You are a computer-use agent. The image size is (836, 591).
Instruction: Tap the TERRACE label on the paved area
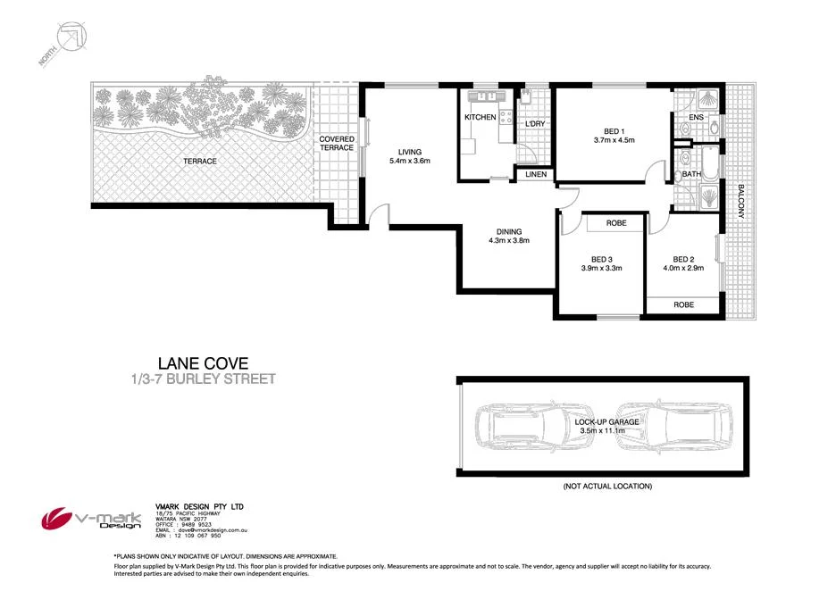click(200, 161)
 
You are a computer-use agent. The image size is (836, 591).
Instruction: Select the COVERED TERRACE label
click(338, 144)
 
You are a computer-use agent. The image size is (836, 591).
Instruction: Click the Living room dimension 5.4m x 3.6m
click(410, 162)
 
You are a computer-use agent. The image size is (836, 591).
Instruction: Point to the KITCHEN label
click(480, 118)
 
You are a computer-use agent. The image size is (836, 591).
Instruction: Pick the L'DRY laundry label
click(535, 123)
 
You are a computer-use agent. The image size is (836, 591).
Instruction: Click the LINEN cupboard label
click(536, 175)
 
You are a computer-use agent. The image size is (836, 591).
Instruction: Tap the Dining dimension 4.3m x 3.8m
click(505, 240)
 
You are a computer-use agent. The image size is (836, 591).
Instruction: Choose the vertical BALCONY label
click(740, 203)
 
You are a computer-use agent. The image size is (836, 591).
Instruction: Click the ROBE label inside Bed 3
click(615, 222)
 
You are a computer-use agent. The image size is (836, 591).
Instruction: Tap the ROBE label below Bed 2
click(683, 304)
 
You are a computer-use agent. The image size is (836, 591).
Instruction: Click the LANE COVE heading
click(203, 363)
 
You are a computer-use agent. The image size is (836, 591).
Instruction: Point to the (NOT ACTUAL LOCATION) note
click(606, 487)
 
